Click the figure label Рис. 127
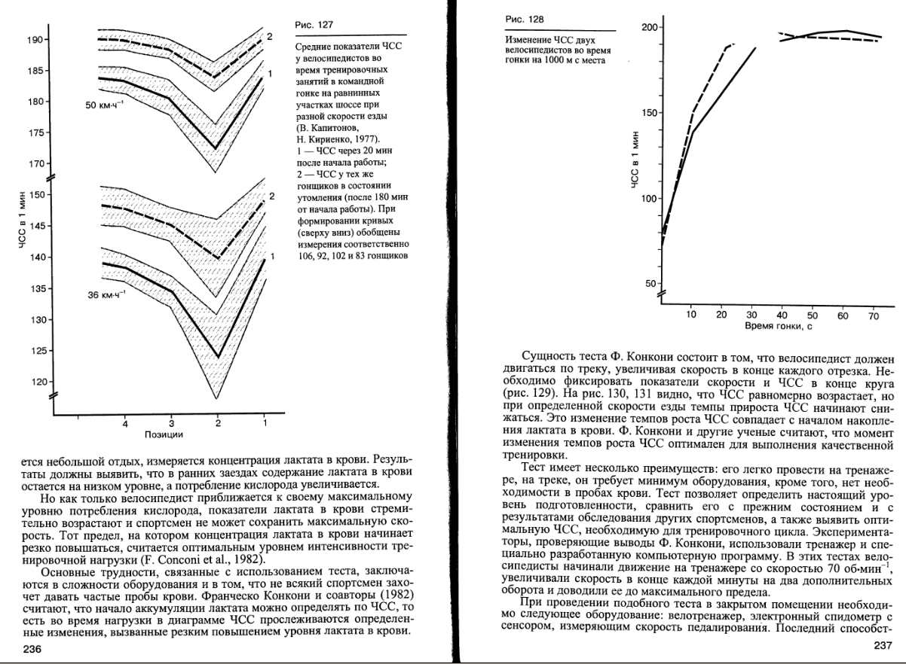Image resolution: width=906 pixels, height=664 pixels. (314, 25)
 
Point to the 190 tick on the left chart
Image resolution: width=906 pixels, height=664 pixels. (36, 39)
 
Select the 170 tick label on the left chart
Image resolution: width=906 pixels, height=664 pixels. (36, 163)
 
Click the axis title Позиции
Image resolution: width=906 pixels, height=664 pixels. (164, 434)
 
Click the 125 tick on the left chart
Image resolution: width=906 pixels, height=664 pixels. (36, 351)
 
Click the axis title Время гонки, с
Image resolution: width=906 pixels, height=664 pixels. (778, 326)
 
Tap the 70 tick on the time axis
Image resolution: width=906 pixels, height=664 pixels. (874, 316)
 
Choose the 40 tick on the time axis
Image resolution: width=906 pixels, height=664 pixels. (782, 316)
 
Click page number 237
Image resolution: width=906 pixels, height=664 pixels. (883, 645)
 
